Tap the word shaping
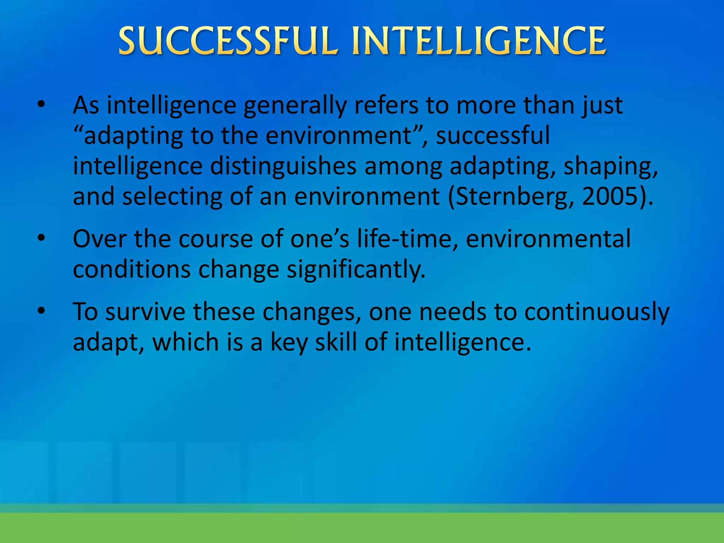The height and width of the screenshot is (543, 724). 610,166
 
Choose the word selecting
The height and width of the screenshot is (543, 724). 172,196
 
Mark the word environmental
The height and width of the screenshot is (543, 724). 548,239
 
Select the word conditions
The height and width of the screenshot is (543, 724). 132,269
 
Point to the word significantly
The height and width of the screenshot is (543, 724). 356,269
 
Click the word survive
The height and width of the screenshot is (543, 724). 145,312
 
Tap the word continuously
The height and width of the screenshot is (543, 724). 597,312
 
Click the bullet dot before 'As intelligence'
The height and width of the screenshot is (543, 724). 41,105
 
